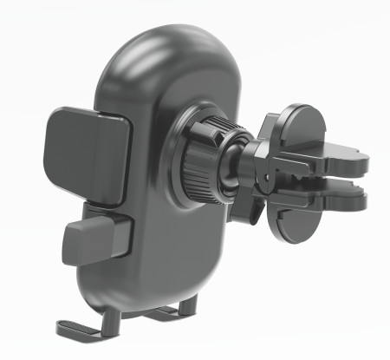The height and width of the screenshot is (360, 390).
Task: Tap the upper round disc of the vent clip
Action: pyautogui.click(x=299, y=131)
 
